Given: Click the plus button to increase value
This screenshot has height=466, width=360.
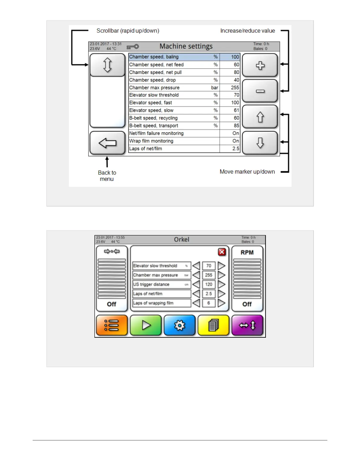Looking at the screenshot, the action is click(x=260, y=65).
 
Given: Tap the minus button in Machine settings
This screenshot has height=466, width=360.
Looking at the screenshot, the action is click(x=260, y=91).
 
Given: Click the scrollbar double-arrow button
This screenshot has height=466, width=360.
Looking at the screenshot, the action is click(x=107, y=65).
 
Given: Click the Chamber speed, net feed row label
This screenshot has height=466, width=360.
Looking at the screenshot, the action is click(x=156, y=65).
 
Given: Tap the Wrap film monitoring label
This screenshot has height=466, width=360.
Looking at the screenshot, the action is click(x=151, y=141).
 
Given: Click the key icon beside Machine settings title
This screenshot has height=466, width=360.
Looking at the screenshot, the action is click(x=133, y=47).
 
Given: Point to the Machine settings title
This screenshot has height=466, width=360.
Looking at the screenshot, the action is click(x=186, y=46).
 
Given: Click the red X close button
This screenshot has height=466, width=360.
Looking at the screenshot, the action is click(x=222, y=252).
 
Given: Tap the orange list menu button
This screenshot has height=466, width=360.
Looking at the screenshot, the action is click(x=112, y=325).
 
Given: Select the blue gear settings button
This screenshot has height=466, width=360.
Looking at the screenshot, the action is click(x=179, y=325).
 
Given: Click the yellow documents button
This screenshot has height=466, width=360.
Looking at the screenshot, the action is click(x=213, y=325).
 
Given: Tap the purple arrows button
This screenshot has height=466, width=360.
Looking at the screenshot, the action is click(x=247, y=325).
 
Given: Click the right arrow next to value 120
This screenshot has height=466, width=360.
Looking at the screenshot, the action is click(x=221, y=284).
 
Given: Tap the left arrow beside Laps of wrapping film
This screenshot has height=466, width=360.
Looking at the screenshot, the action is click(x=196, y=303).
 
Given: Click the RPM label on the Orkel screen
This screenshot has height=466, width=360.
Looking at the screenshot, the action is click(x=247, y=253).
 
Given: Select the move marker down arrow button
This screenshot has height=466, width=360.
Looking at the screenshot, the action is click(x=260, y=143).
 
